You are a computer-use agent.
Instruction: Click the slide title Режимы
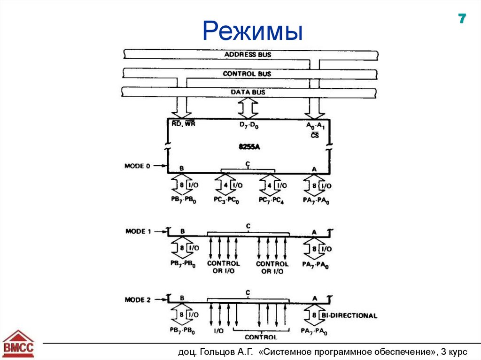click(x=253, y=31)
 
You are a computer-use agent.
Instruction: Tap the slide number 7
click(x=462, y=19)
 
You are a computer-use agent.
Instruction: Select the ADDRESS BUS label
click(x=248, y=54)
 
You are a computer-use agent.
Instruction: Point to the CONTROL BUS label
click(x=247, y=74)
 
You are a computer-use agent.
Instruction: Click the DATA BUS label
click(x=248, y=92)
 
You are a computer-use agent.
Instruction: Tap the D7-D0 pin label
click(x=248, y=125)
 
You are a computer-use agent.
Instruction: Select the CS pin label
click(x=315, y=135)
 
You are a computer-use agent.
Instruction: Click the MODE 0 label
click(x=137, y=166)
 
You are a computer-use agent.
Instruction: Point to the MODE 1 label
click(x=138, y=231)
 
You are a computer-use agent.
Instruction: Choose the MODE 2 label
click(x=138, y=299)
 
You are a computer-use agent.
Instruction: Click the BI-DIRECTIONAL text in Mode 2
click(x=349, y=315)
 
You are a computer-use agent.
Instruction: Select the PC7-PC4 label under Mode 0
click(x=272, y=200)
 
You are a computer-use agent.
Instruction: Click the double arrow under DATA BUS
click(x=248, y=109)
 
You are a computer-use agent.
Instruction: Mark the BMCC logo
click(x=18, y=344)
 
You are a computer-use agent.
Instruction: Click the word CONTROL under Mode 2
click(x=261, y=337)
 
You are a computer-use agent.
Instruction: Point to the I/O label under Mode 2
click(x=218, y=331)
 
